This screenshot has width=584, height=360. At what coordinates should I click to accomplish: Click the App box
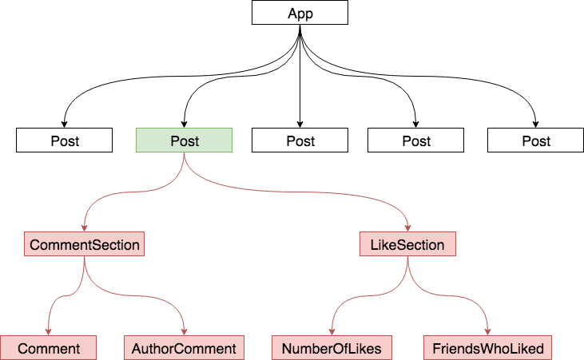click(300, 13)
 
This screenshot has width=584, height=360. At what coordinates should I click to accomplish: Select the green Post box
click(184, 140)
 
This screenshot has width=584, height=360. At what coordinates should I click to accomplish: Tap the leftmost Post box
click(64, 140)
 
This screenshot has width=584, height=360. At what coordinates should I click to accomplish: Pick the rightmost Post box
click(535, 140)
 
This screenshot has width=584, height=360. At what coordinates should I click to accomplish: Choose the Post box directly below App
click(300, 140)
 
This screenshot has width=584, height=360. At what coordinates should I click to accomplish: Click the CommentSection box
click(84, 243)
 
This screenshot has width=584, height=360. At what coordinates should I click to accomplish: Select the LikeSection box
click(407, 243)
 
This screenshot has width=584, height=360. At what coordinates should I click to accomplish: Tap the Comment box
click(48, 348)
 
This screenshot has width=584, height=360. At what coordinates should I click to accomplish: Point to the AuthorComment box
click(184, 348)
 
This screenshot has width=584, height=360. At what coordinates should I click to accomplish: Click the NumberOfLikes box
click(332, 348)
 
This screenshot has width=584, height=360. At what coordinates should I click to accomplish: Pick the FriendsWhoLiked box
click(487, 348)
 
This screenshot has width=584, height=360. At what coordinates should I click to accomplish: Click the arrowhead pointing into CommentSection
click(84, 227)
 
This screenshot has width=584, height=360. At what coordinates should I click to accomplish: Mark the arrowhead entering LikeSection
click(407, 227)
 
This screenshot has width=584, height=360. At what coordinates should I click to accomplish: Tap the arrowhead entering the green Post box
click(184, 124)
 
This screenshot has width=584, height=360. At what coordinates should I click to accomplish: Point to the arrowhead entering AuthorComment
click(184, 332)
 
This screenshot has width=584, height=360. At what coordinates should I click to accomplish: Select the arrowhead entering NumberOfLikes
click(332, 332)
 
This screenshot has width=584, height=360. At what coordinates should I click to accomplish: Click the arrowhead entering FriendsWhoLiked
click(487, 332)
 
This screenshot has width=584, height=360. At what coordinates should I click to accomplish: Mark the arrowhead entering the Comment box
click(48, 332)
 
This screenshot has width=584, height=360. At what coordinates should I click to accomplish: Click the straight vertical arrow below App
click(300, 77)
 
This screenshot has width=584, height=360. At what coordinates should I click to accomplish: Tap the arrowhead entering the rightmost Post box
click(535, 124)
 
